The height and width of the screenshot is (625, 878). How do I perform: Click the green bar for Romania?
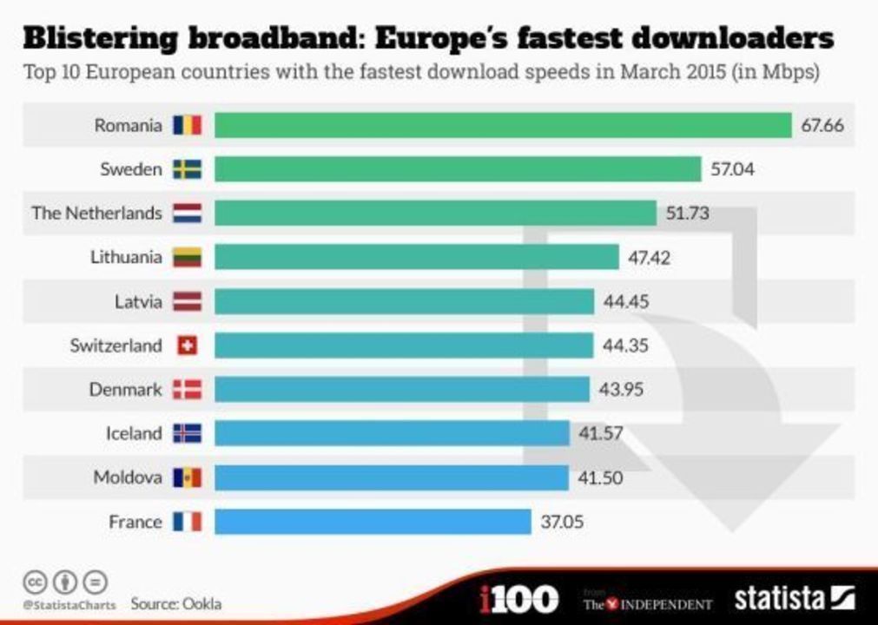click(x=503, y=125)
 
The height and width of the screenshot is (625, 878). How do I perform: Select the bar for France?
click(x=373, y=522)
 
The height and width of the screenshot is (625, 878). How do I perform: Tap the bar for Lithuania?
click(x=416, y=257)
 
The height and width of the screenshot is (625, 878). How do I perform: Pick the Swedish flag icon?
click(x=187, y=169)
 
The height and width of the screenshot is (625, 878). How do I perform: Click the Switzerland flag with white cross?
click(x=187, y=345)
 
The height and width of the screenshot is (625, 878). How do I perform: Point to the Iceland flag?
click(x=187, y=433)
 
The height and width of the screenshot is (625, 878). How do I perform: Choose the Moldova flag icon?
click(x=187, y=477)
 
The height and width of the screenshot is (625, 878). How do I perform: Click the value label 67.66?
click(x=822, y=125)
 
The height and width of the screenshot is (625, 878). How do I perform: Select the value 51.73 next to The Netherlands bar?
click(x=688, y=214)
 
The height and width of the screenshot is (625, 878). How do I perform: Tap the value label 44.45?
click(x=625, y=301)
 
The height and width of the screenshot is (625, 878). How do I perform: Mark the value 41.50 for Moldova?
click(x=600, y=477)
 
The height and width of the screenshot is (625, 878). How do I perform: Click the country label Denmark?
click(x=125, y=390)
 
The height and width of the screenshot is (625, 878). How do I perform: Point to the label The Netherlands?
click(x=96, y=214)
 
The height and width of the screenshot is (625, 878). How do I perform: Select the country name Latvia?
click(x=138, y=301)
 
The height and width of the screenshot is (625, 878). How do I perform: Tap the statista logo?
click(x=794, y=598)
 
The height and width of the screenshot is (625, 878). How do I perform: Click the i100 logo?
click(x=518, y=598)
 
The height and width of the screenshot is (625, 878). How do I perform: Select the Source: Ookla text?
click(x=176, y=602)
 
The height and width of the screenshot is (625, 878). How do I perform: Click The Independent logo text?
click(x=647, y=603)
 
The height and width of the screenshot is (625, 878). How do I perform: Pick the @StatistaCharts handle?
click(x=69, y=604)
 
